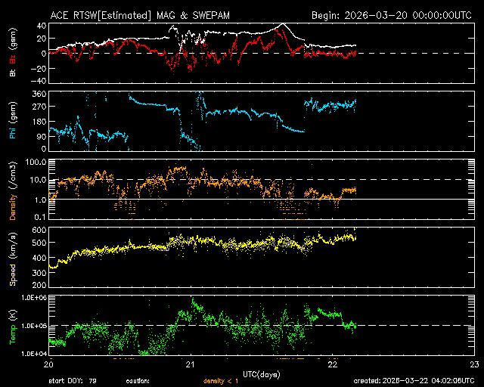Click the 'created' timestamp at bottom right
pos(414,380)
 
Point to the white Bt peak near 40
pos(283,24)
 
